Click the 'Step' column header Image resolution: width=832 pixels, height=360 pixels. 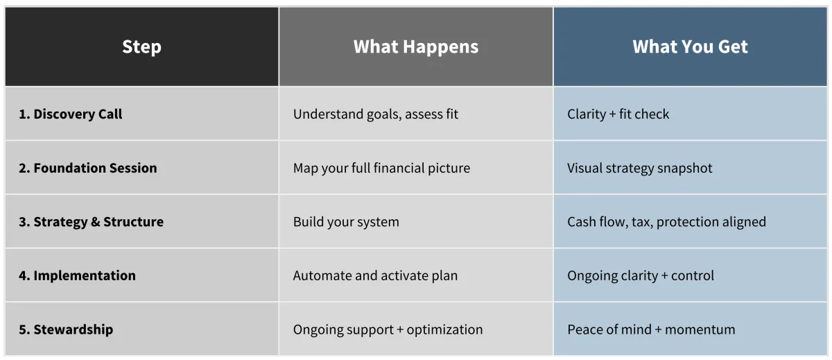141,47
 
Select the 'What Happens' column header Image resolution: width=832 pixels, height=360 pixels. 416,46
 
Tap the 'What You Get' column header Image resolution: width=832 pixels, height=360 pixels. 690,46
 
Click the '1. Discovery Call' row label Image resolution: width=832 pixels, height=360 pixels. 71,114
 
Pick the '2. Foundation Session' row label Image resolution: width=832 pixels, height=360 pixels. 88,168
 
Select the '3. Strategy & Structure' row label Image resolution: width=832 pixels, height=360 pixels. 92,222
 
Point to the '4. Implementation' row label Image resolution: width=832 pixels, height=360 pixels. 77,275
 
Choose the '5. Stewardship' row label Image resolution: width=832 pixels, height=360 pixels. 66,329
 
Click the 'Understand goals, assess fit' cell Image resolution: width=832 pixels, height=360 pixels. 376,114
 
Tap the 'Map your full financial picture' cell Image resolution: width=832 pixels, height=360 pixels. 381,169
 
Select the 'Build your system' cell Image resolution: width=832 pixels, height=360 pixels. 346,222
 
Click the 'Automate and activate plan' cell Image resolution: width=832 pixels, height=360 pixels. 375,275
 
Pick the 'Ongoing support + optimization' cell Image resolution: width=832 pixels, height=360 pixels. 388,330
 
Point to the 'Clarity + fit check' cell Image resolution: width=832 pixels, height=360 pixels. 618,114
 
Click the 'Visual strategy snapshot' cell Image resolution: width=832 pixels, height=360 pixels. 639,169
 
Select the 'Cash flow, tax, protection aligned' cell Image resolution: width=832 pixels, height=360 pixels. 666,222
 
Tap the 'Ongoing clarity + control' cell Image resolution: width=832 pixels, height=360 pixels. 641,276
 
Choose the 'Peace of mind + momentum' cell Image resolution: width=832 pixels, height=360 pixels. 651,329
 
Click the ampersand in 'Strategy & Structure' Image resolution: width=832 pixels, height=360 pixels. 96,222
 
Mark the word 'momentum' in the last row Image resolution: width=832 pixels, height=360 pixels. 700,330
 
